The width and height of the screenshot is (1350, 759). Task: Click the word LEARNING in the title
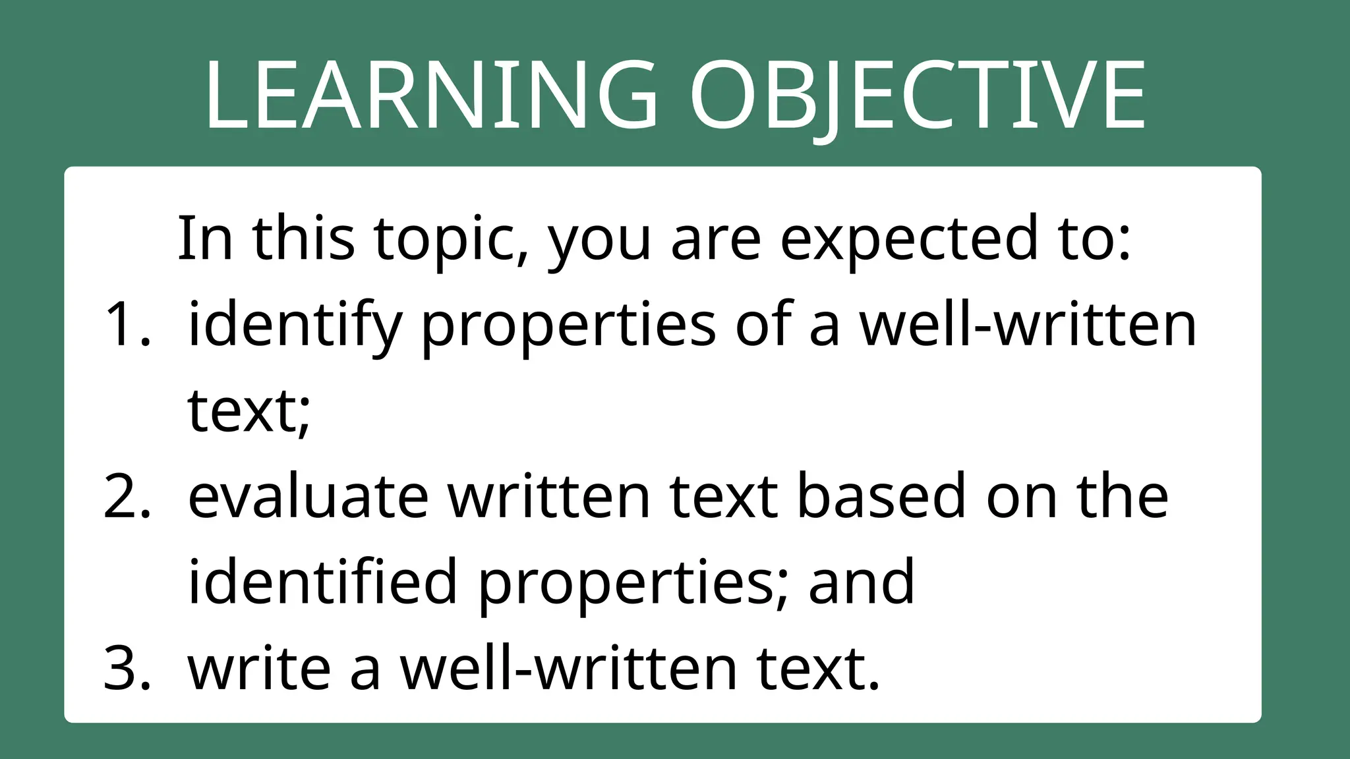[431, 96]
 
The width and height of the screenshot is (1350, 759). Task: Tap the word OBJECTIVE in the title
[918, 96]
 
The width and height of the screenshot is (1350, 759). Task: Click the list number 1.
[127, 324]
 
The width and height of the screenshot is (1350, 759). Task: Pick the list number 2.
[127, 497]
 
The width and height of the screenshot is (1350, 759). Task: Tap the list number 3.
[127, 669]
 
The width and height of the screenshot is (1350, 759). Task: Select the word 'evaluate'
[308, 497]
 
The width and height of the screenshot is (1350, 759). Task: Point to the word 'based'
[881, 497]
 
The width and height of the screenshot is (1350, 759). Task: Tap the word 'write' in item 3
[259, 669]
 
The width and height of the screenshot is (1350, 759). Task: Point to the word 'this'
[303, 239]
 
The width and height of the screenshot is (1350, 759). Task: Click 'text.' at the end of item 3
[818, 669]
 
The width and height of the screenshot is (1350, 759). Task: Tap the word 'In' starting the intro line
[205, 239]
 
